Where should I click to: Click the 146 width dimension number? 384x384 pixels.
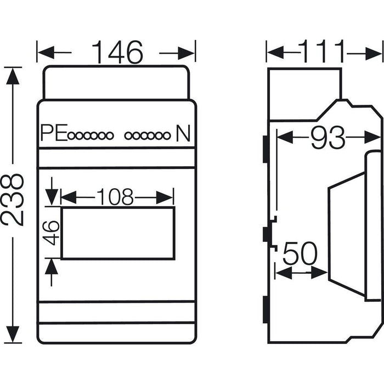116,53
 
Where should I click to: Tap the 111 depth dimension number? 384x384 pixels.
323,53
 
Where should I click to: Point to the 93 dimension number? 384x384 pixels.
328,138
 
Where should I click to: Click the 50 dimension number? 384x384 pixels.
301,255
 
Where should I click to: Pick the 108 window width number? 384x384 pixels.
116,196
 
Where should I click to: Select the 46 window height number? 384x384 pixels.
52,233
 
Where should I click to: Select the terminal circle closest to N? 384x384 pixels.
166,134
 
